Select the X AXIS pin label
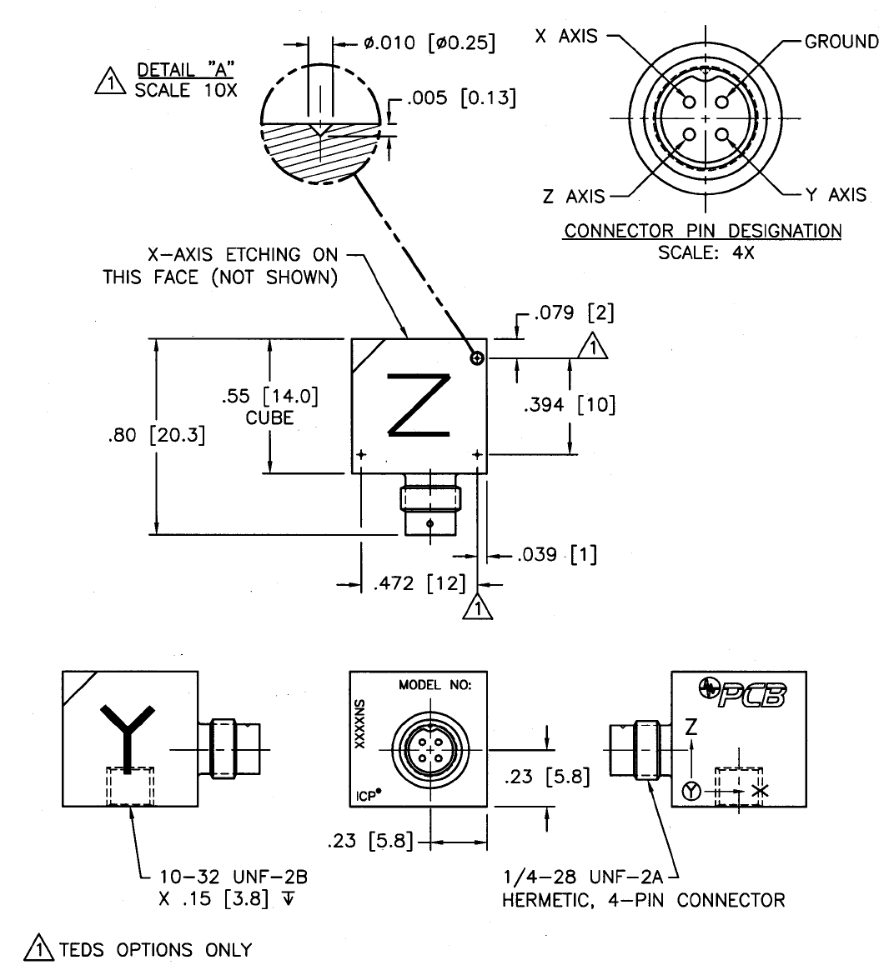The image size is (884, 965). pos(566,38)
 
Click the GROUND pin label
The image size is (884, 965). pos(841,42)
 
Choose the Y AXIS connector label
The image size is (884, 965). pos(836,195)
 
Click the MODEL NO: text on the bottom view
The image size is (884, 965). pos(434,686)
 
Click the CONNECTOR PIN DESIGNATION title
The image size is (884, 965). pos(702,230)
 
